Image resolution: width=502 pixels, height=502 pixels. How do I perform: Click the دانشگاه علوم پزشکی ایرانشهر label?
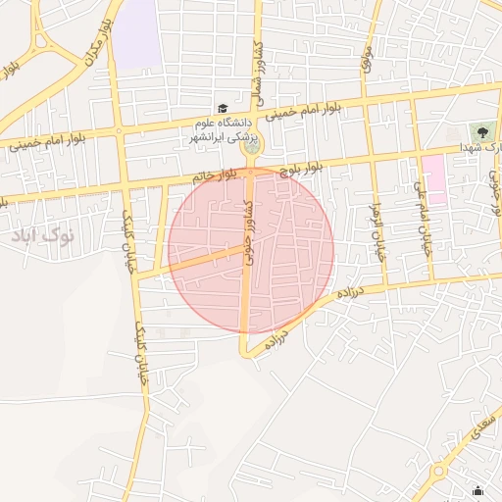219,130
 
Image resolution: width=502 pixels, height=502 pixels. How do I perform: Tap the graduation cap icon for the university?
223,109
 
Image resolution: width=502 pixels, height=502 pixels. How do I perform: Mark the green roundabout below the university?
251,147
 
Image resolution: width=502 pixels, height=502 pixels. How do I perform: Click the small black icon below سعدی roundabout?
477,491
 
